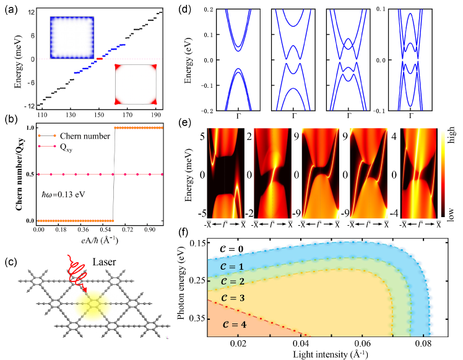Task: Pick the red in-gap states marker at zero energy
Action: tap(99, 59)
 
